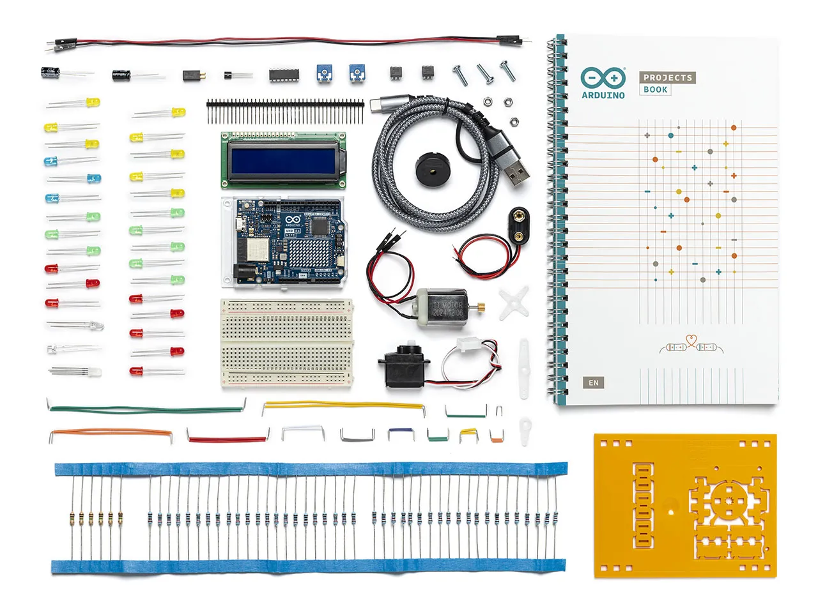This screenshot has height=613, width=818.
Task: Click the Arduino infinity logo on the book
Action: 603,78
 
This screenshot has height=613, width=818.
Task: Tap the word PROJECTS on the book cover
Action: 668,77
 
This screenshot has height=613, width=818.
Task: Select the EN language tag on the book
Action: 594,382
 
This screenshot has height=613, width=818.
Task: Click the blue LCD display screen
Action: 284,160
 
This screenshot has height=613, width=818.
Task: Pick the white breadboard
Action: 288,342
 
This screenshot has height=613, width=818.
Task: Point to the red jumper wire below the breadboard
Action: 228,439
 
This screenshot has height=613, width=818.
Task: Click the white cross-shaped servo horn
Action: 514,303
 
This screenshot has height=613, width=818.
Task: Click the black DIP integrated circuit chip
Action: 280,75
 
